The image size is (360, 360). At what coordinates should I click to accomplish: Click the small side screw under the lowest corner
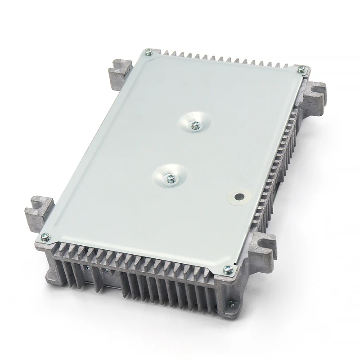tap(231, 303)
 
